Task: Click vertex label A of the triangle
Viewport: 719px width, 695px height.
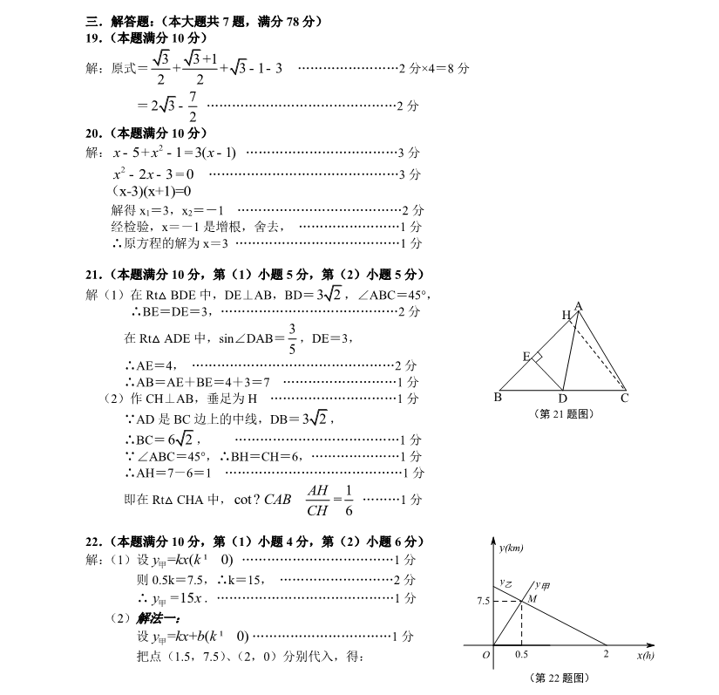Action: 579,305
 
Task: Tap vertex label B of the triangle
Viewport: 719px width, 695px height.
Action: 497,399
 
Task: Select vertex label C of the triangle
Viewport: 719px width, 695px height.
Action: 624,399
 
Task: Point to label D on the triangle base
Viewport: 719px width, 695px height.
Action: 563,399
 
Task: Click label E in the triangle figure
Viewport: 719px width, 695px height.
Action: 526,356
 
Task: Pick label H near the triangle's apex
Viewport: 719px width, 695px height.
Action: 566,315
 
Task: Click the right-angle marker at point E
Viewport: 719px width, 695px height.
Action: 538,358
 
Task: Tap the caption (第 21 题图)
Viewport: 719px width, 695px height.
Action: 562,414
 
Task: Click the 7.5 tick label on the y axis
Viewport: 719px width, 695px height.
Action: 481,601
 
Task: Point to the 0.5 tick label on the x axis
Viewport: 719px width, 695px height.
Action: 521,654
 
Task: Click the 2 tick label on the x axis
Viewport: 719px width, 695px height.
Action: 606,654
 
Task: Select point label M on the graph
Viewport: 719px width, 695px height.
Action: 531,598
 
